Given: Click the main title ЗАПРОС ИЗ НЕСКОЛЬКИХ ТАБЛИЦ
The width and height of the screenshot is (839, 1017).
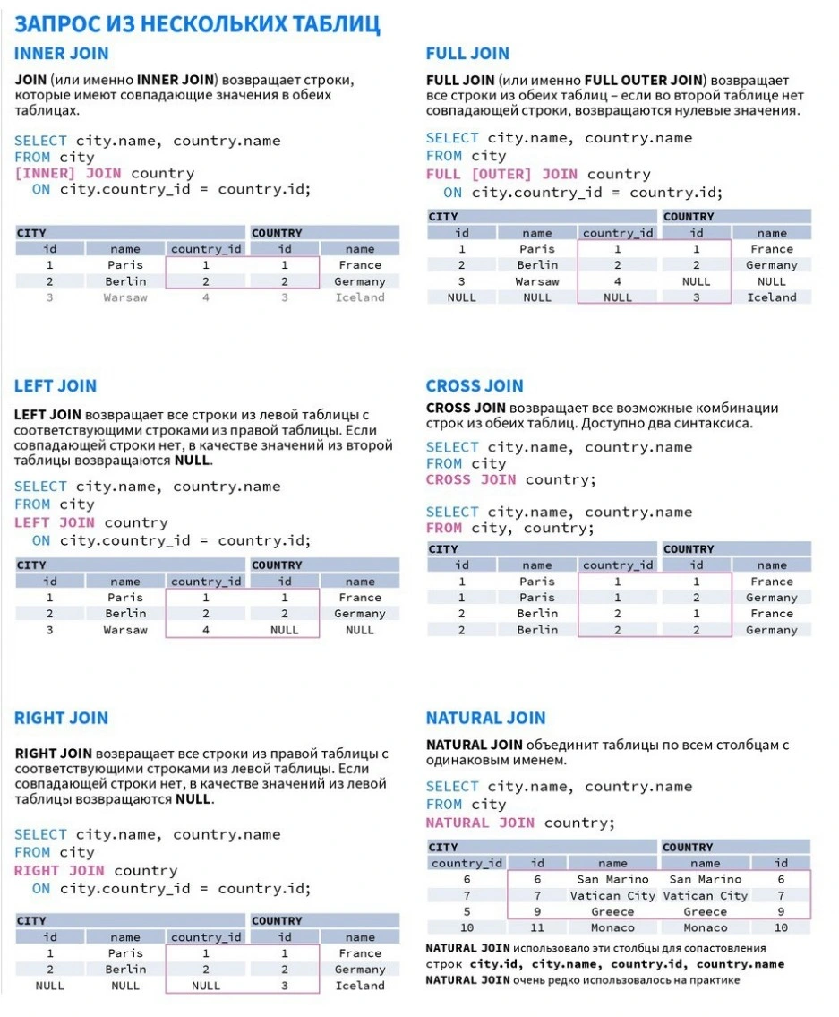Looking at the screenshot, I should [x=197, y=23].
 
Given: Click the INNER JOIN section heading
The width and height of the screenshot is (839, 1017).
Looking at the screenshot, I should [x=62, y=54].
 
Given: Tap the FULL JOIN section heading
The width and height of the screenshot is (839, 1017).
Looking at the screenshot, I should [x=467, y=54].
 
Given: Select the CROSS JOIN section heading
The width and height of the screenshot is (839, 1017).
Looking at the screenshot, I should [x=475, y=386].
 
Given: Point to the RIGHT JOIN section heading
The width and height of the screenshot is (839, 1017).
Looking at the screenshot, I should [x=61, y=718].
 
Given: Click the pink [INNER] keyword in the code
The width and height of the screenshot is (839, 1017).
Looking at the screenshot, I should [x=45, y=173].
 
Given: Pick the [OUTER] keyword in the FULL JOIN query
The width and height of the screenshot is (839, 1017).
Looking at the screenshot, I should [x=501, y=174].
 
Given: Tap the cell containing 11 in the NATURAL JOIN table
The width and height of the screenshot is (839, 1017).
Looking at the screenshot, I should [x=537, y=927].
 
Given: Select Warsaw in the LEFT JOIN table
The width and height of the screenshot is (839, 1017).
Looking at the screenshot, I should [x=125, y=630].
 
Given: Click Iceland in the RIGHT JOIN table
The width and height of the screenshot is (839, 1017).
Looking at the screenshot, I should [x=360, y=986].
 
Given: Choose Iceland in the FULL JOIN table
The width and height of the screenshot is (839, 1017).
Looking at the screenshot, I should [x=772, y=297].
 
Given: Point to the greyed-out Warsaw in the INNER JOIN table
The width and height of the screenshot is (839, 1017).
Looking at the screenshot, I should [x=125, y=297].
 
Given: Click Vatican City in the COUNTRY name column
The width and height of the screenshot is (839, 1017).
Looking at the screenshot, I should [x=706, y=895].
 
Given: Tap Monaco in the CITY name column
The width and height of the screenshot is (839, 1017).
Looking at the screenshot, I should [x=613, y=927].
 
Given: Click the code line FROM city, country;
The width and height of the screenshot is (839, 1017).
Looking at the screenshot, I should [x=509, y=528].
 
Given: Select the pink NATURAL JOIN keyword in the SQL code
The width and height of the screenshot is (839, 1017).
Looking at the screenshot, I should [x=480, y=823].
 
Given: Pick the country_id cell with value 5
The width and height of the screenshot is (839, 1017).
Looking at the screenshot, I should [x=467, y=911].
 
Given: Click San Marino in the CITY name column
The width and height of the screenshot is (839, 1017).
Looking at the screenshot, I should [x=613, y=879].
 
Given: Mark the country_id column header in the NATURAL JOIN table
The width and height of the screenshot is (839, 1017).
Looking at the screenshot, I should [x=467, y=863].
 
